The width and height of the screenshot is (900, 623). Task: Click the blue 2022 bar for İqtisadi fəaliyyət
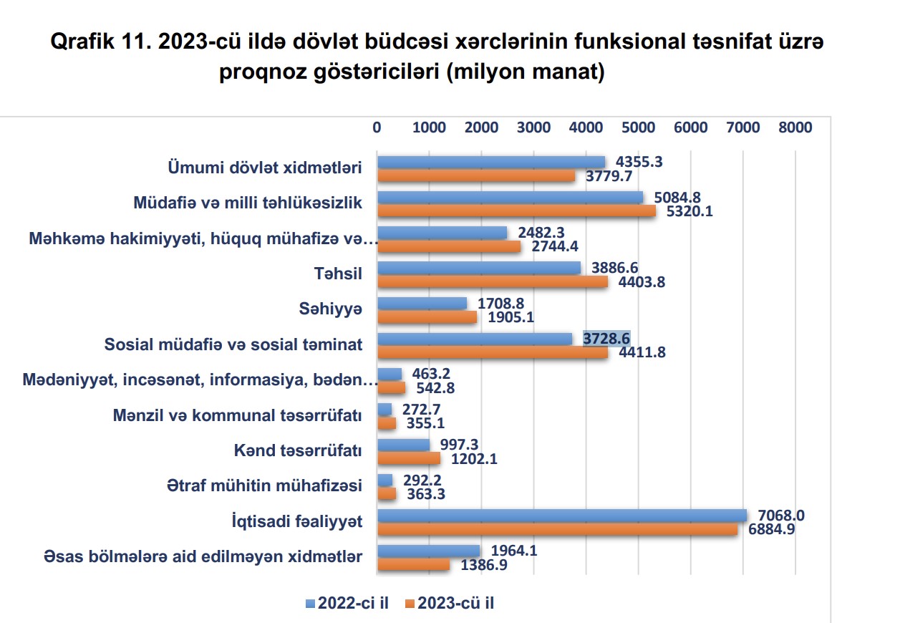click(x=562, y=515)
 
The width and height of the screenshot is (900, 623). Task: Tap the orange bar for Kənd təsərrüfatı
click(x=409, y=458)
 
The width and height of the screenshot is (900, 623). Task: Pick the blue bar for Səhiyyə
click(x=422, y=303)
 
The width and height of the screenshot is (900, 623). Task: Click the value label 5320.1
click(x=690, y=211)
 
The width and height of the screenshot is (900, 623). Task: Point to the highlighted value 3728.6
click(x=606, y=338)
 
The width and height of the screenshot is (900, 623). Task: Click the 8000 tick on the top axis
click(x=795, y=127)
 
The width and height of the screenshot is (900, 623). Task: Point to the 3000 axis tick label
click(x=533, y=127)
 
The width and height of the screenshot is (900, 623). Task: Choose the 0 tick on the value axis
click(x=377, y=127)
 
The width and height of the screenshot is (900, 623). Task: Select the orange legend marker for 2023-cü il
click(x=410, y=604)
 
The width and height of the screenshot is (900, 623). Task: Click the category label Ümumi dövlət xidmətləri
click(x=264, y=168)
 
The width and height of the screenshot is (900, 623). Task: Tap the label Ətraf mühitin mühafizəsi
click(x=263, y=486)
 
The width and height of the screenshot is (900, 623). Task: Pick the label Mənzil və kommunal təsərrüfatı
click(x=237, y=415)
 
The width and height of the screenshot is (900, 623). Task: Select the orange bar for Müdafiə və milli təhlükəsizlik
click(x=516, y=211)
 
